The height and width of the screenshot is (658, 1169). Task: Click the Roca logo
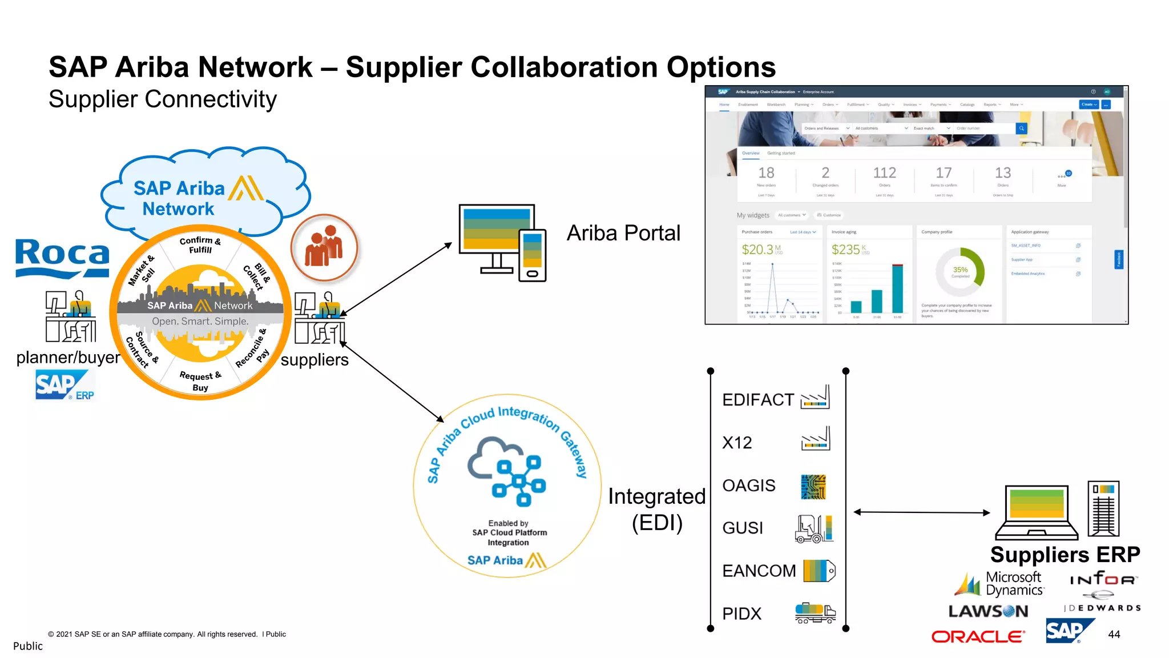pyautogui.click(x=62, y=257)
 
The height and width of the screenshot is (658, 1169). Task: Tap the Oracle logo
pyautogui.click(x=978, y=636)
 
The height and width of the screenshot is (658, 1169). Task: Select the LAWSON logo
pyautogui.click(x=988, y=611)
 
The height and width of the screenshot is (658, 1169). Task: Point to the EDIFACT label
pyautogui.click(x=757, y=400)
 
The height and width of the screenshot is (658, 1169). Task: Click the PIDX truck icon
pyautogui.click(x=815, y=613)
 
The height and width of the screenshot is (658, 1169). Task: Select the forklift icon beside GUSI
pyautogui.click(x=814, y=528)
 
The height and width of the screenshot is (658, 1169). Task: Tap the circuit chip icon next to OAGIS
pyautogui.click(x=813, y=486)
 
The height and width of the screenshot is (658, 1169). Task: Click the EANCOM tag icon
pyautogui.click(x=819, y=571)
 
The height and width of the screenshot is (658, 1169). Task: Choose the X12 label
pyautogui.click(x=737, y=443)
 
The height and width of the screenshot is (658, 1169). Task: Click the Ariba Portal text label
pyautogui.click(x=623, y=233)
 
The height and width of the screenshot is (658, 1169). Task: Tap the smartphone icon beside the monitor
pyautogui.click(x=532, y=255)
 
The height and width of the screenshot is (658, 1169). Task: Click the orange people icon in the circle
pyautogui.click(x=324, y=248)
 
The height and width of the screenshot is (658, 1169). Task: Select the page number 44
pyautogui.click(x=1114, y=635)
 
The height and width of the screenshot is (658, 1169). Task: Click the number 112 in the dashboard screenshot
pyautogui.click(x=884, y=173)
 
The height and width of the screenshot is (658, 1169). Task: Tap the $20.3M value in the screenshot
pyautogui.click(x=757, y=250)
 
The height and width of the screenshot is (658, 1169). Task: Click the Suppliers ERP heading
pyautogui.click(x=1065, y=555)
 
